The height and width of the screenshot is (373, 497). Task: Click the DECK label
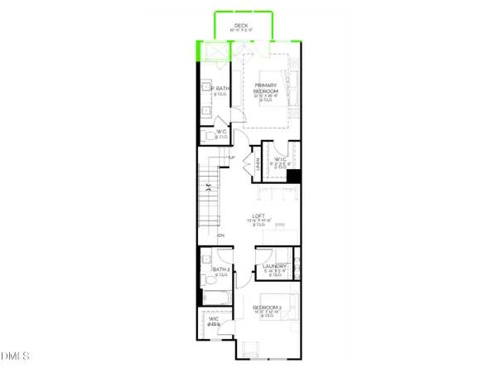tap(242, 26)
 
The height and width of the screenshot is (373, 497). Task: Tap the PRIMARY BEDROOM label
tap(265, 88)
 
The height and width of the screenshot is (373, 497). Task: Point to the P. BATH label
tap(221, 89)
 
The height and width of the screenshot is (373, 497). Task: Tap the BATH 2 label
tap(220, 269)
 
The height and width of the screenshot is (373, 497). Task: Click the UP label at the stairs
tap(233, 158)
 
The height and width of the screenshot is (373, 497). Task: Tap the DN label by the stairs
tap(220, 236)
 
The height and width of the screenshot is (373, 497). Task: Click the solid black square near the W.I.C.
tap(292, 175)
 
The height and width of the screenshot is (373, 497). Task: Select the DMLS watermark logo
tap(16, 356)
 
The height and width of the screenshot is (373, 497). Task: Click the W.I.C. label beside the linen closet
tap(280, 159)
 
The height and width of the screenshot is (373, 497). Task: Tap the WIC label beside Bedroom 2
tap(214, 319)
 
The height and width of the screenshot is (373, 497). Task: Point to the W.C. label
tap(222, 132)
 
